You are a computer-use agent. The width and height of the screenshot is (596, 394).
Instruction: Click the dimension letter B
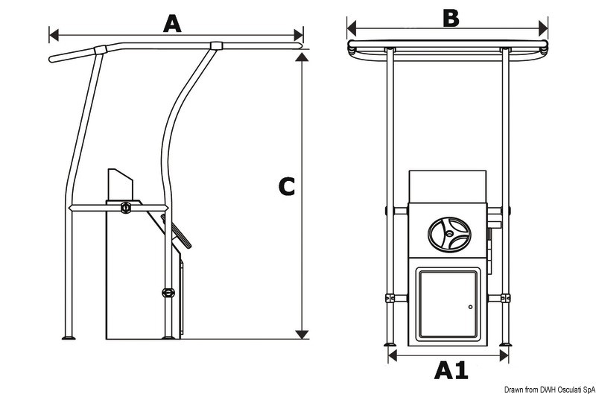450,17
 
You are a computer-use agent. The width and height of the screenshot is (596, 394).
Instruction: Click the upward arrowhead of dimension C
302,57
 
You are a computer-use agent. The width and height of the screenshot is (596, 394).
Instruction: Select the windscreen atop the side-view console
119,185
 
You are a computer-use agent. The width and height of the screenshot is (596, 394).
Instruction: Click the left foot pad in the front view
390,343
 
